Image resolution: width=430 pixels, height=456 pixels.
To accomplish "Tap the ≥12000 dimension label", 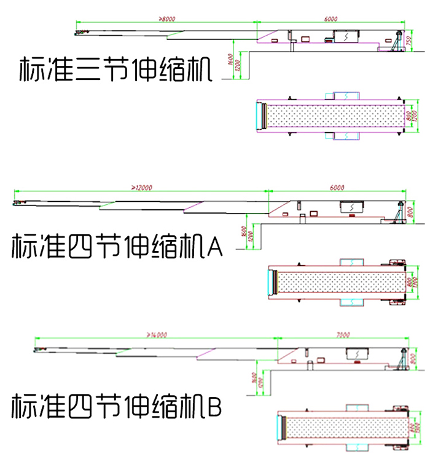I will [141, 186].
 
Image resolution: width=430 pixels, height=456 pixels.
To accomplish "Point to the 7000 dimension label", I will [343, 335].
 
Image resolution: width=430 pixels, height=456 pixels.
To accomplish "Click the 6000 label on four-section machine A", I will [337, 186].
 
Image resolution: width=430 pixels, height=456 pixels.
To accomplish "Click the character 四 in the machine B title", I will [74, 406].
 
